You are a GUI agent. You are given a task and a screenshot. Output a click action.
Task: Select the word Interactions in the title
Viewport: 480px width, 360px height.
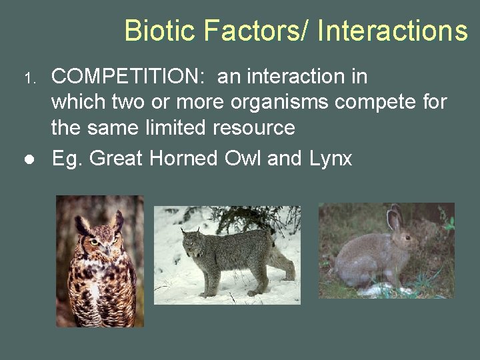(x=393, y=31)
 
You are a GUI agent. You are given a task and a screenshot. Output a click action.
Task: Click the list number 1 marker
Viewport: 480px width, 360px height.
(x=29, y=79)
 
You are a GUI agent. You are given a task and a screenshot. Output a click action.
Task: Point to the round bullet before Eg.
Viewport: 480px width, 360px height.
(x=29, y=160)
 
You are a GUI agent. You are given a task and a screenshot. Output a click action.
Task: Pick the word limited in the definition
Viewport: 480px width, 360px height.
(x=181, y=127)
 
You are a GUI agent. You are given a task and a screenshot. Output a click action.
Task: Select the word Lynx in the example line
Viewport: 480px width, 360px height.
(x=330, y=159)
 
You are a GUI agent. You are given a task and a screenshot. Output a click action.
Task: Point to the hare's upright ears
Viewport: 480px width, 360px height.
(x=394, y=217)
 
